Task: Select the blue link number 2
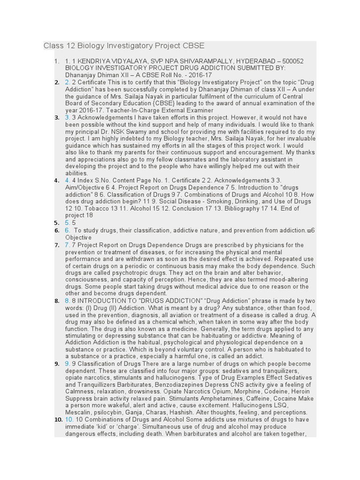click(x=67, y=82)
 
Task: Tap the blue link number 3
click(x=67, y=117)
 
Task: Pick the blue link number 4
click(x=67, y=180)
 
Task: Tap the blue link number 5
click(x=67, y=223)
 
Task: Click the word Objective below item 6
click(x=78, y=238)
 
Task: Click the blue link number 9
click(x=67, y=363)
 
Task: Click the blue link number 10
click(x=69, y=420)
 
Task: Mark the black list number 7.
click(x=56, y=245)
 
